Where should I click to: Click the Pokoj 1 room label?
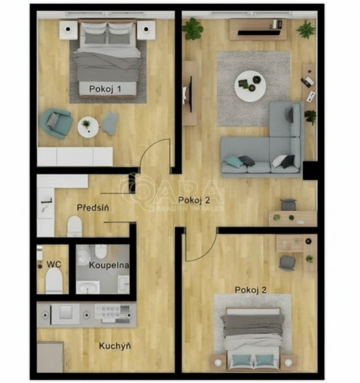pyautogui.click(x=105, y=89)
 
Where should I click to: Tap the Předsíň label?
pyautogui.click(x=93, y=208)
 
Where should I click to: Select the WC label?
pyautogui.click(x=54, y=264)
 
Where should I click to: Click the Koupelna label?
pyautogui.click(x=109, y=265)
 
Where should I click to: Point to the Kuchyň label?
pyautogui.click(x=115, y=346)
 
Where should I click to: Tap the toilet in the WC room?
pyautogui.click(x=54, y=280)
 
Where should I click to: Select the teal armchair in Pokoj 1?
pyautogui.click(x=57, y=123)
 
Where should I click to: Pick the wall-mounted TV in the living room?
pyautogui.click(x=189, y=94)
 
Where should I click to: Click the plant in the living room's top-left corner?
pyautogui.click(x=192, y=29)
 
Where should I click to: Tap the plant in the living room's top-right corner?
pyautogui.click(x=306, y=29)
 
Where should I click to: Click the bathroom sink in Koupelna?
pyautogui.click(x=87, y=287)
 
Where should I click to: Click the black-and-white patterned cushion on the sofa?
pyautogui.click(x=247, y=160)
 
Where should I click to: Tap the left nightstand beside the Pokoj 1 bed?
pyautogui.click(x=68, y=30)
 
